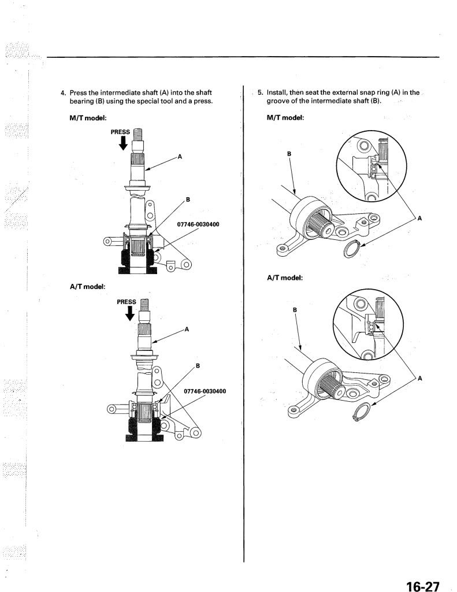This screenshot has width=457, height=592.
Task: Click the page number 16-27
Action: (423, 586)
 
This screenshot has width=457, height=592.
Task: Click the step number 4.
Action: (64, 93)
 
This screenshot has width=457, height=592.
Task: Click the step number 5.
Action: (261, 93)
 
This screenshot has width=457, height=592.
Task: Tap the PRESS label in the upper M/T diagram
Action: (120, 132)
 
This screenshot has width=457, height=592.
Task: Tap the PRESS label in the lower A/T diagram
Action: (127, 302)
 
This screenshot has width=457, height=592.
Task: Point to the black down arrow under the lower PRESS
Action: (130, 313)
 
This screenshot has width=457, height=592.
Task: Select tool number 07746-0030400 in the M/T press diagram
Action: (198, 224)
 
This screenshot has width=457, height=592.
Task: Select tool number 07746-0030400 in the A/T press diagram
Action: (205, 391)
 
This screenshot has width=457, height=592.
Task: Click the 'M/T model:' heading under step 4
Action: (88, 118)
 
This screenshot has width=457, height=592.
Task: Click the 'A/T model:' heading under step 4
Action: (88, 287)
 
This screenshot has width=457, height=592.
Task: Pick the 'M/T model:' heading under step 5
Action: (285, 117)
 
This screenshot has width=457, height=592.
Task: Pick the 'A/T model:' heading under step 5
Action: (285, 278)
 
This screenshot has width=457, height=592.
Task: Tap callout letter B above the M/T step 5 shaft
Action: (289, 154)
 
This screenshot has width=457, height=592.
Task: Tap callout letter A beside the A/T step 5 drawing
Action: (420, 378)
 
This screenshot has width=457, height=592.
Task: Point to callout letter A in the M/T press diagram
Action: (180, 156)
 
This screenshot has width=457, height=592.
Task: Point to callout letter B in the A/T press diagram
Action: (198, 366)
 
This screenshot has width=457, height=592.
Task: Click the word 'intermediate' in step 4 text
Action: (121, 93)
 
